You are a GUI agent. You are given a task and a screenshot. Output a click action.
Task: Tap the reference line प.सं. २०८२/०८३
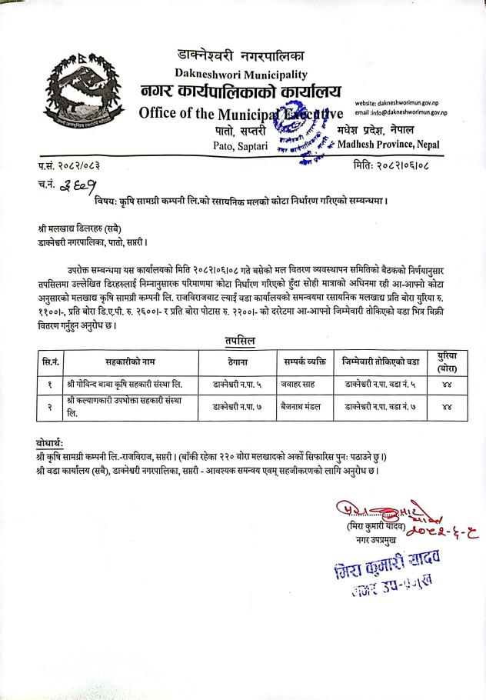69,165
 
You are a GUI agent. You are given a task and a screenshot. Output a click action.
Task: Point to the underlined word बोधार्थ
54,443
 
